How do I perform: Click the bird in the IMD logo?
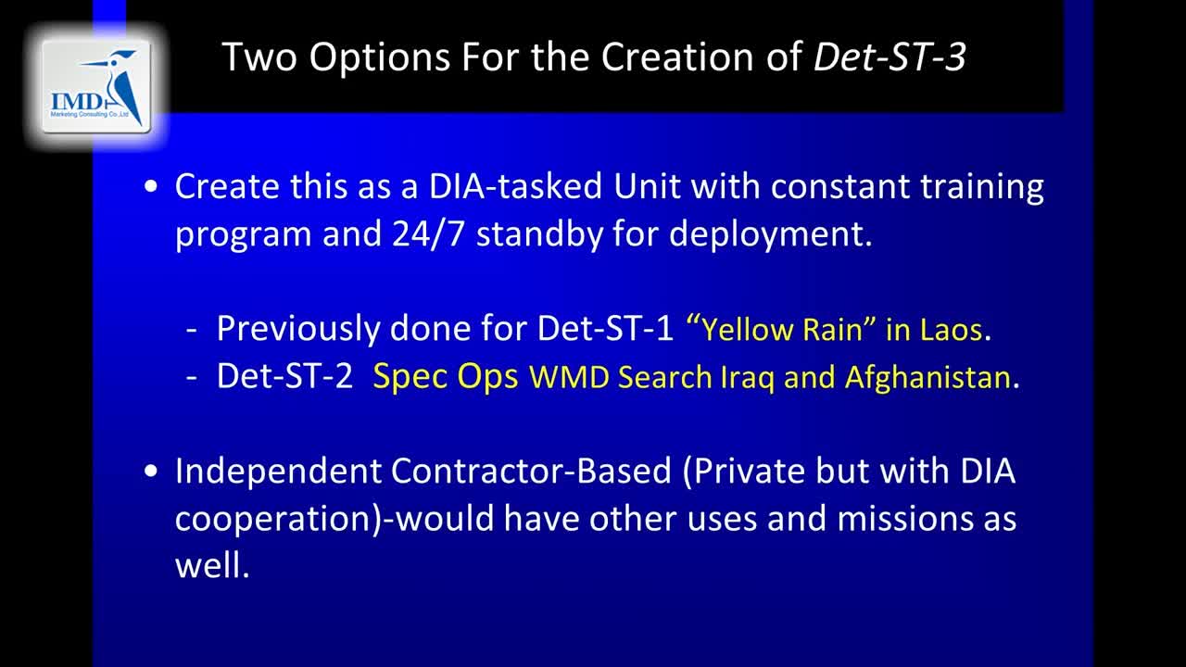click(120, 84)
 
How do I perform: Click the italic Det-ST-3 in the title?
click(889, 57)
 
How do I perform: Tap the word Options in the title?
click(379, 57)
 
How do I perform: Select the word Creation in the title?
click(677, 57)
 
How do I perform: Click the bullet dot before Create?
click(151, 187)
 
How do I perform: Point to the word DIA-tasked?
click(515, 186)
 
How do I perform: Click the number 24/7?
click(428, 233)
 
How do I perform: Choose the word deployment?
click(770, 234)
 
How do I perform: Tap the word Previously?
click(298, 329)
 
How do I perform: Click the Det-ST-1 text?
click(605, 328)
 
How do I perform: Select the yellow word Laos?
click(951, 329)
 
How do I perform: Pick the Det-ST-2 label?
click(284, 376)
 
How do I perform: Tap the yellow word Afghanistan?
click(927, 377)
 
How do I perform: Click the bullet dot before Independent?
click(151, 471)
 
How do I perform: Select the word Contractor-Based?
click(531, 471)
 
